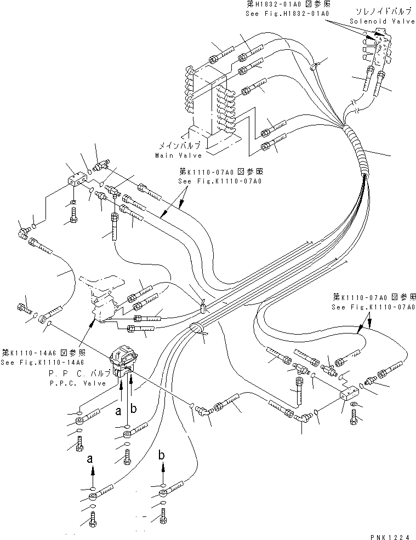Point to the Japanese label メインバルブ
click(x=179, y=146)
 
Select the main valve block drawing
click(x=211, y=104)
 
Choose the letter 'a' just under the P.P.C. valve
click(x=118, y=410)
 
